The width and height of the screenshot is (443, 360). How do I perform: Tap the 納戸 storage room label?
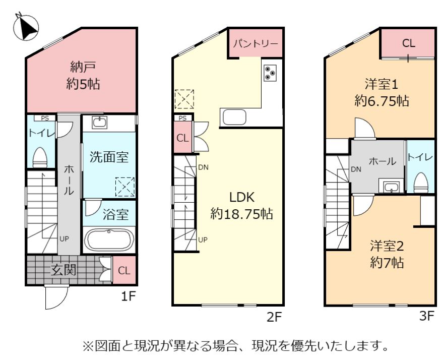click(83, 67)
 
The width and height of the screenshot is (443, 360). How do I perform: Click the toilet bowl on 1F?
click(40, 158)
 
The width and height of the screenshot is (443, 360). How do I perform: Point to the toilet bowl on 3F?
click(421, 183)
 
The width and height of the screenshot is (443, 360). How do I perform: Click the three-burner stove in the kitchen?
click(270, 73)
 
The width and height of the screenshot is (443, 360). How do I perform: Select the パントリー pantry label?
click(256, 44)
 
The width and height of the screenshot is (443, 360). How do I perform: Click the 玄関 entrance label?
click(64, 270)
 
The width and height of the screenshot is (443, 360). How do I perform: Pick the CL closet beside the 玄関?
click(124, 270)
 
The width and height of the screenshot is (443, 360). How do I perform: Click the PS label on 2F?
click(182, 118)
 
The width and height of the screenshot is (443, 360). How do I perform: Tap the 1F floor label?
click(129, 296)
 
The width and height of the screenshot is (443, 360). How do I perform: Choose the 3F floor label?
click(426, 316)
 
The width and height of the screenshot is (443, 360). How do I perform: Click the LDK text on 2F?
click(242, 197)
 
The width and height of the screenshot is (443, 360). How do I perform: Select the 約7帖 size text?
click(387, 263)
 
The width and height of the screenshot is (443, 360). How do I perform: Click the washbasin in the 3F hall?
click(391, 187)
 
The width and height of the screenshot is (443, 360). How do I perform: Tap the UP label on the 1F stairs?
click(64, 239)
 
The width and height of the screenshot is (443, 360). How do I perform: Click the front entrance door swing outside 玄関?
click(57, 296)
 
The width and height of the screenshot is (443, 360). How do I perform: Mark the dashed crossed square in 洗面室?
click(125, 187)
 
